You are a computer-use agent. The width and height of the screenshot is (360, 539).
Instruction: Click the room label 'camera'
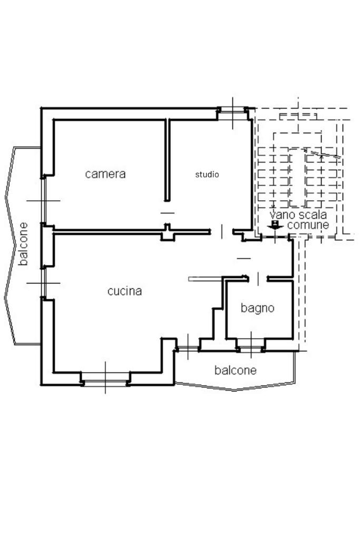(105, 174)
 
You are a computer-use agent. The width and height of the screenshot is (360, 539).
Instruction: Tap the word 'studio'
(207, 174)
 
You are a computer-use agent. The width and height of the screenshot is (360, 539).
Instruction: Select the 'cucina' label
(124, 291)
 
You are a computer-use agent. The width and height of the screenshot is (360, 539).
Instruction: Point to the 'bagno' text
(257, 308)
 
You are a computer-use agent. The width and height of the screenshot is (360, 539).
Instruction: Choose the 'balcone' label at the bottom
(235, 370)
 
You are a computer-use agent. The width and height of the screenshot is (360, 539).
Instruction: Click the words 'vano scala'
(298, 215)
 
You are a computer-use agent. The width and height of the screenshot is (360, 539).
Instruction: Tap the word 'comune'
(308, 225)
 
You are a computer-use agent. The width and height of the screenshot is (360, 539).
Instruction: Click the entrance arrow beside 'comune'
(275, 225)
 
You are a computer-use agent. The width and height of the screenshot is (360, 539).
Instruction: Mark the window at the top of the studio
(233, 111)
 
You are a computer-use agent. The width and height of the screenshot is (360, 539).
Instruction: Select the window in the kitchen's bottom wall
(105, 378)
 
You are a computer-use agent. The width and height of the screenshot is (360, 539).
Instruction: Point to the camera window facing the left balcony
(44, 201)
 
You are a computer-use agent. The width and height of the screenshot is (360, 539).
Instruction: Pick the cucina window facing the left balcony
(44, 283)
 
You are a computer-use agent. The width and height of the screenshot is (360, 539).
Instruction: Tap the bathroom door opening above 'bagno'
(258, 278)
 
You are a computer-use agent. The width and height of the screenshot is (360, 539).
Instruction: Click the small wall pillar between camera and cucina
(167, 233)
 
